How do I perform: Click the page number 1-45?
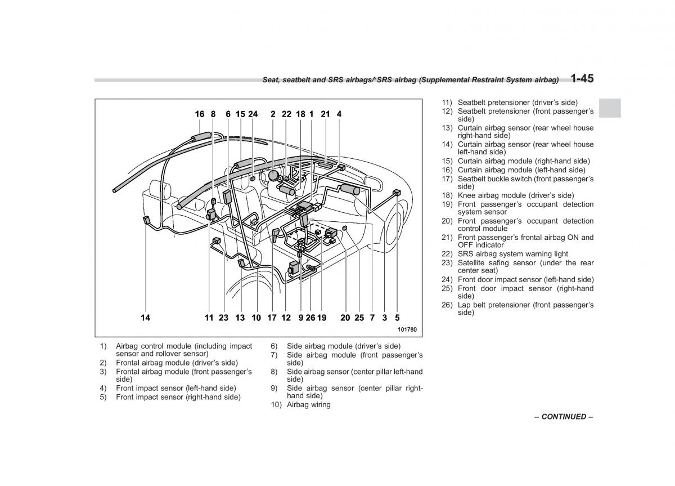coord(582,78)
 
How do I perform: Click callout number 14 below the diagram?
coord(145,318)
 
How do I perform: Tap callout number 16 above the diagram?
coord(200,114)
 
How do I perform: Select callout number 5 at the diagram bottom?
coord(397,318)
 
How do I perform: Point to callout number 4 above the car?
coord(339,114)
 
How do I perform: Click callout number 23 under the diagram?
coord(223,318)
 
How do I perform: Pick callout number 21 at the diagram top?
coord(325,114)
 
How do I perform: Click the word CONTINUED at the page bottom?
coord(564,417)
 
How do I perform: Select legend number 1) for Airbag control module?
coord(103,346)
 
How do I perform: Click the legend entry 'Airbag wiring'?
coord(308,404)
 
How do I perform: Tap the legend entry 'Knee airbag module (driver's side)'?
coord(515,195)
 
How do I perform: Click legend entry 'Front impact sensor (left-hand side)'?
coord(175,388)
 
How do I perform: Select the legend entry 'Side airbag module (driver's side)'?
coord(343,346)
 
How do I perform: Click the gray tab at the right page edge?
coord(609,108)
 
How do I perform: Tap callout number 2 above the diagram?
coord(273,114)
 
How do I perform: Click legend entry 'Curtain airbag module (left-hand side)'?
coord(521,170)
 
